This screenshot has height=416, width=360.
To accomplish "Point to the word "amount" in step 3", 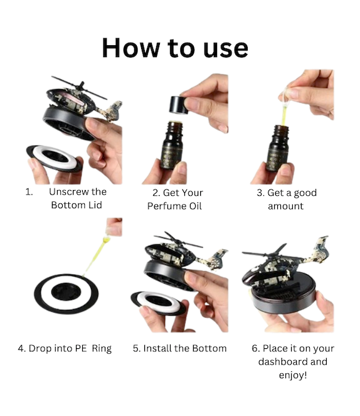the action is point(285,206).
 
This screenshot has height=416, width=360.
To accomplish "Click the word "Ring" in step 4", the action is point(102,349).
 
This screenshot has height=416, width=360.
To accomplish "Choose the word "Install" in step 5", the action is point(156,348).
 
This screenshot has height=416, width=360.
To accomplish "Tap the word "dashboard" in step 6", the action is point(281,361).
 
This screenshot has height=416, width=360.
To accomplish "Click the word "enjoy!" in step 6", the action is point(293,375).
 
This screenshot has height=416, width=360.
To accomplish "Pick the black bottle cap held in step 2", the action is point(179,105).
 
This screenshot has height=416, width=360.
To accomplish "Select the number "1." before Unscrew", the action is point(29,191).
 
